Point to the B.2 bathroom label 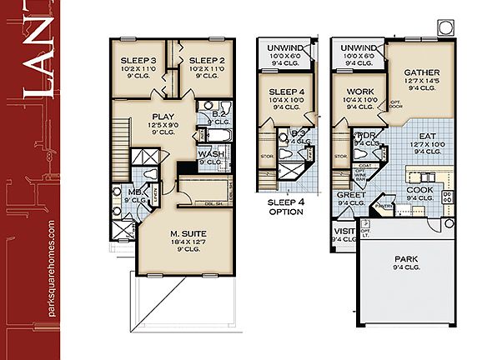tap(220, 113)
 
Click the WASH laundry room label tap(209, 154)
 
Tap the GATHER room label tap(422, 72)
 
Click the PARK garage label tap(406, 259)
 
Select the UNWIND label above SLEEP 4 tap(284, 48)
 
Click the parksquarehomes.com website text tap(52, 267)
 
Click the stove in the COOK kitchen tap(447, 197)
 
